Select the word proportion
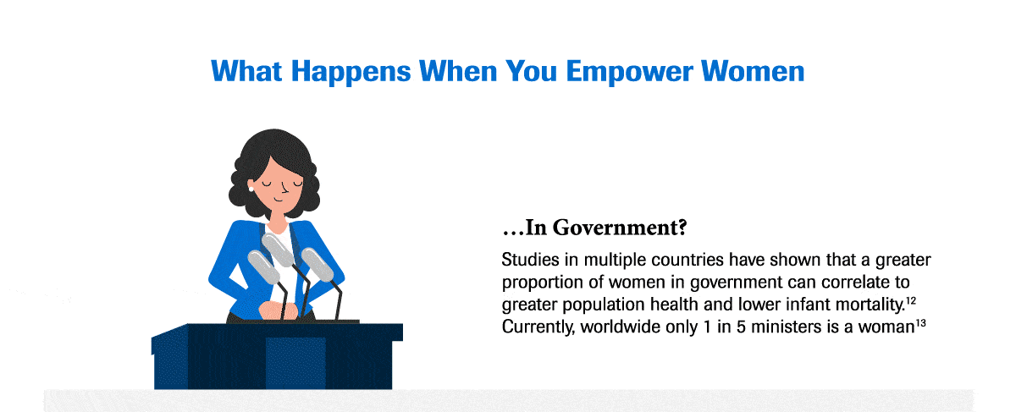click(x=543, y=281)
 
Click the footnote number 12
click(x=912, y=299)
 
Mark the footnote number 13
click(x=919, y=321)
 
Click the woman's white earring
click(x=251, y=187)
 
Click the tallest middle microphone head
click(x=278, y=250)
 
